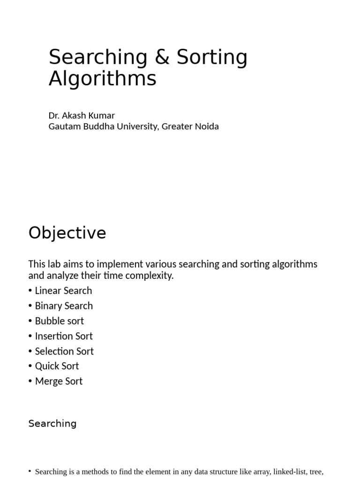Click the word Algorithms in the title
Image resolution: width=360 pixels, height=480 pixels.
[x=102, y=79]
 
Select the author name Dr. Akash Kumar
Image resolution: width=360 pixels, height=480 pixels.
[x=82, y=115]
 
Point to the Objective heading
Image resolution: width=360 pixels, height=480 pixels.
[x=67, y=233]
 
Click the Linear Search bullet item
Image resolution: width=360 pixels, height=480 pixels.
[x=63, y=291]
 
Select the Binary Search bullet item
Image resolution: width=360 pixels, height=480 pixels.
[x=64, y=306]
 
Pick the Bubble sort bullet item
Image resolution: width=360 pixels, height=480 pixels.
[x=60, y=321]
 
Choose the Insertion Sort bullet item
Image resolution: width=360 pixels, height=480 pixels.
[x=64, y=336]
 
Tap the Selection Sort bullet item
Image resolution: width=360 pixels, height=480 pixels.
[x=64, y=351]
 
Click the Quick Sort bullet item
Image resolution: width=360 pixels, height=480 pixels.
[x=57, y=366]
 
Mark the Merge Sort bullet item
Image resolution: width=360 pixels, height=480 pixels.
[x=59, y=381]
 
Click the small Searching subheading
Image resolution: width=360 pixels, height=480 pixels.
[x=52, y=424]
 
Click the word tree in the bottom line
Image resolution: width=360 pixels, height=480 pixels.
[x=316, y=472]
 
